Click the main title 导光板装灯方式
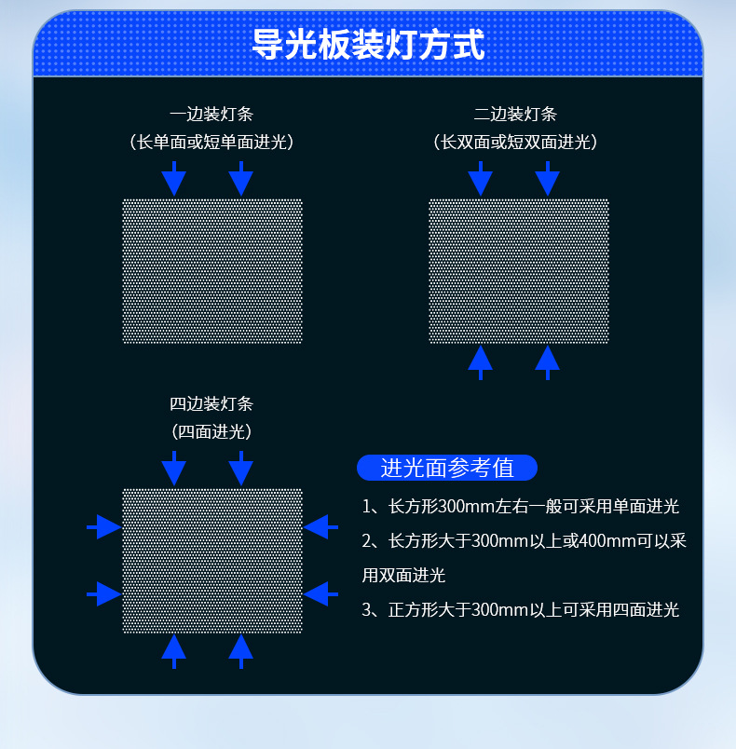(x=368, y=44)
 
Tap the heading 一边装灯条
(x=211, y=115)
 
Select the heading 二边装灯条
(x=515, y=115)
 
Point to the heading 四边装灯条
(x=211, y=404)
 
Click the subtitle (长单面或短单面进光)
(x=211, y=143)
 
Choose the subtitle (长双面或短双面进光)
(x=515, y=143)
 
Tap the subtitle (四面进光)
(x=211, y=432)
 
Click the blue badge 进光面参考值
(x=447, y=468)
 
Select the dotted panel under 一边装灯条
(x=212, y=271)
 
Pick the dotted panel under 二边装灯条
(x=519, y=271)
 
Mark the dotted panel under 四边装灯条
(x=212, y=561)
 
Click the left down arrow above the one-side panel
(x=174, y=178)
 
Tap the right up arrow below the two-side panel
(x=548, y=361)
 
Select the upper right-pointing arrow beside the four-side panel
(x=104, y=527)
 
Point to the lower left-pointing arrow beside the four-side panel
(x=320, y=592)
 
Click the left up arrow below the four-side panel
(x=174, y=650)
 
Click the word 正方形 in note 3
(x=408, y=610)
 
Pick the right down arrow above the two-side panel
(x=548, y=178)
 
